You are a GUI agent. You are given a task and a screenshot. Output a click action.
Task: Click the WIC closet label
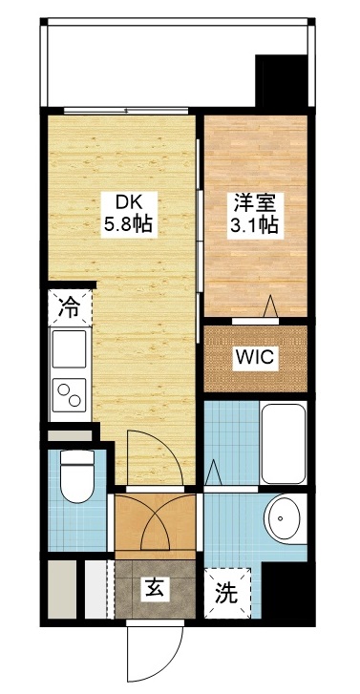click(256, 358)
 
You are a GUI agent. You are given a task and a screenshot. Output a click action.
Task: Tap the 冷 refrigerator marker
click(69, 307)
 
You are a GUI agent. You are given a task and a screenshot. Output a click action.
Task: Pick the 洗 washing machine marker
click(225, 592)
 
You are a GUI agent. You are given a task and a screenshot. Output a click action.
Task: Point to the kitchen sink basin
click(69, 350)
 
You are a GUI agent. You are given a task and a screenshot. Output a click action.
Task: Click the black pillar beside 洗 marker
click(283, 591)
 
